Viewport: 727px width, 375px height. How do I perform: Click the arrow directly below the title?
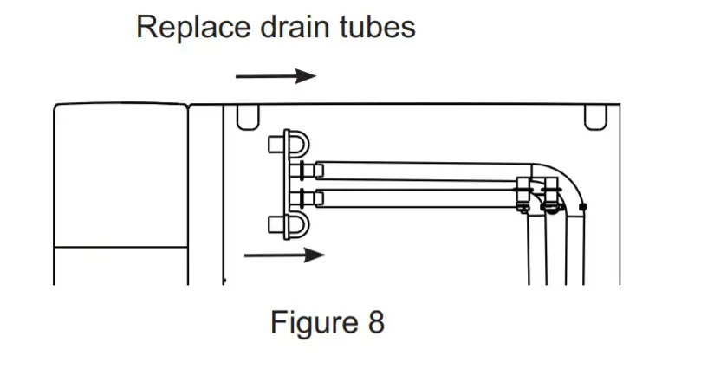276,76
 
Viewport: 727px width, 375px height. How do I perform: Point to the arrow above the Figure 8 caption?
284,255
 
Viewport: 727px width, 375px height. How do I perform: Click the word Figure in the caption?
308,323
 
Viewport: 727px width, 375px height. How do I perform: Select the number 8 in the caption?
375,323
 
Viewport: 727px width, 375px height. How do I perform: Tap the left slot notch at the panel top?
248,117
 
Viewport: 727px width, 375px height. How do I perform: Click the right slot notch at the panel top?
595,117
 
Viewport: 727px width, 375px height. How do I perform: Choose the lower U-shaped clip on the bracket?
295,224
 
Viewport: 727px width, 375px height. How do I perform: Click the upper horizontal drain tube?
416,168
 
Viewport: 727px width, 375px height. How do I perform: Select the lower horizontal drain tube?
416,197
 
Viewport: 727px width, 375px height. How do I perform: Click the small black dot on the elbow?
583,207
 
